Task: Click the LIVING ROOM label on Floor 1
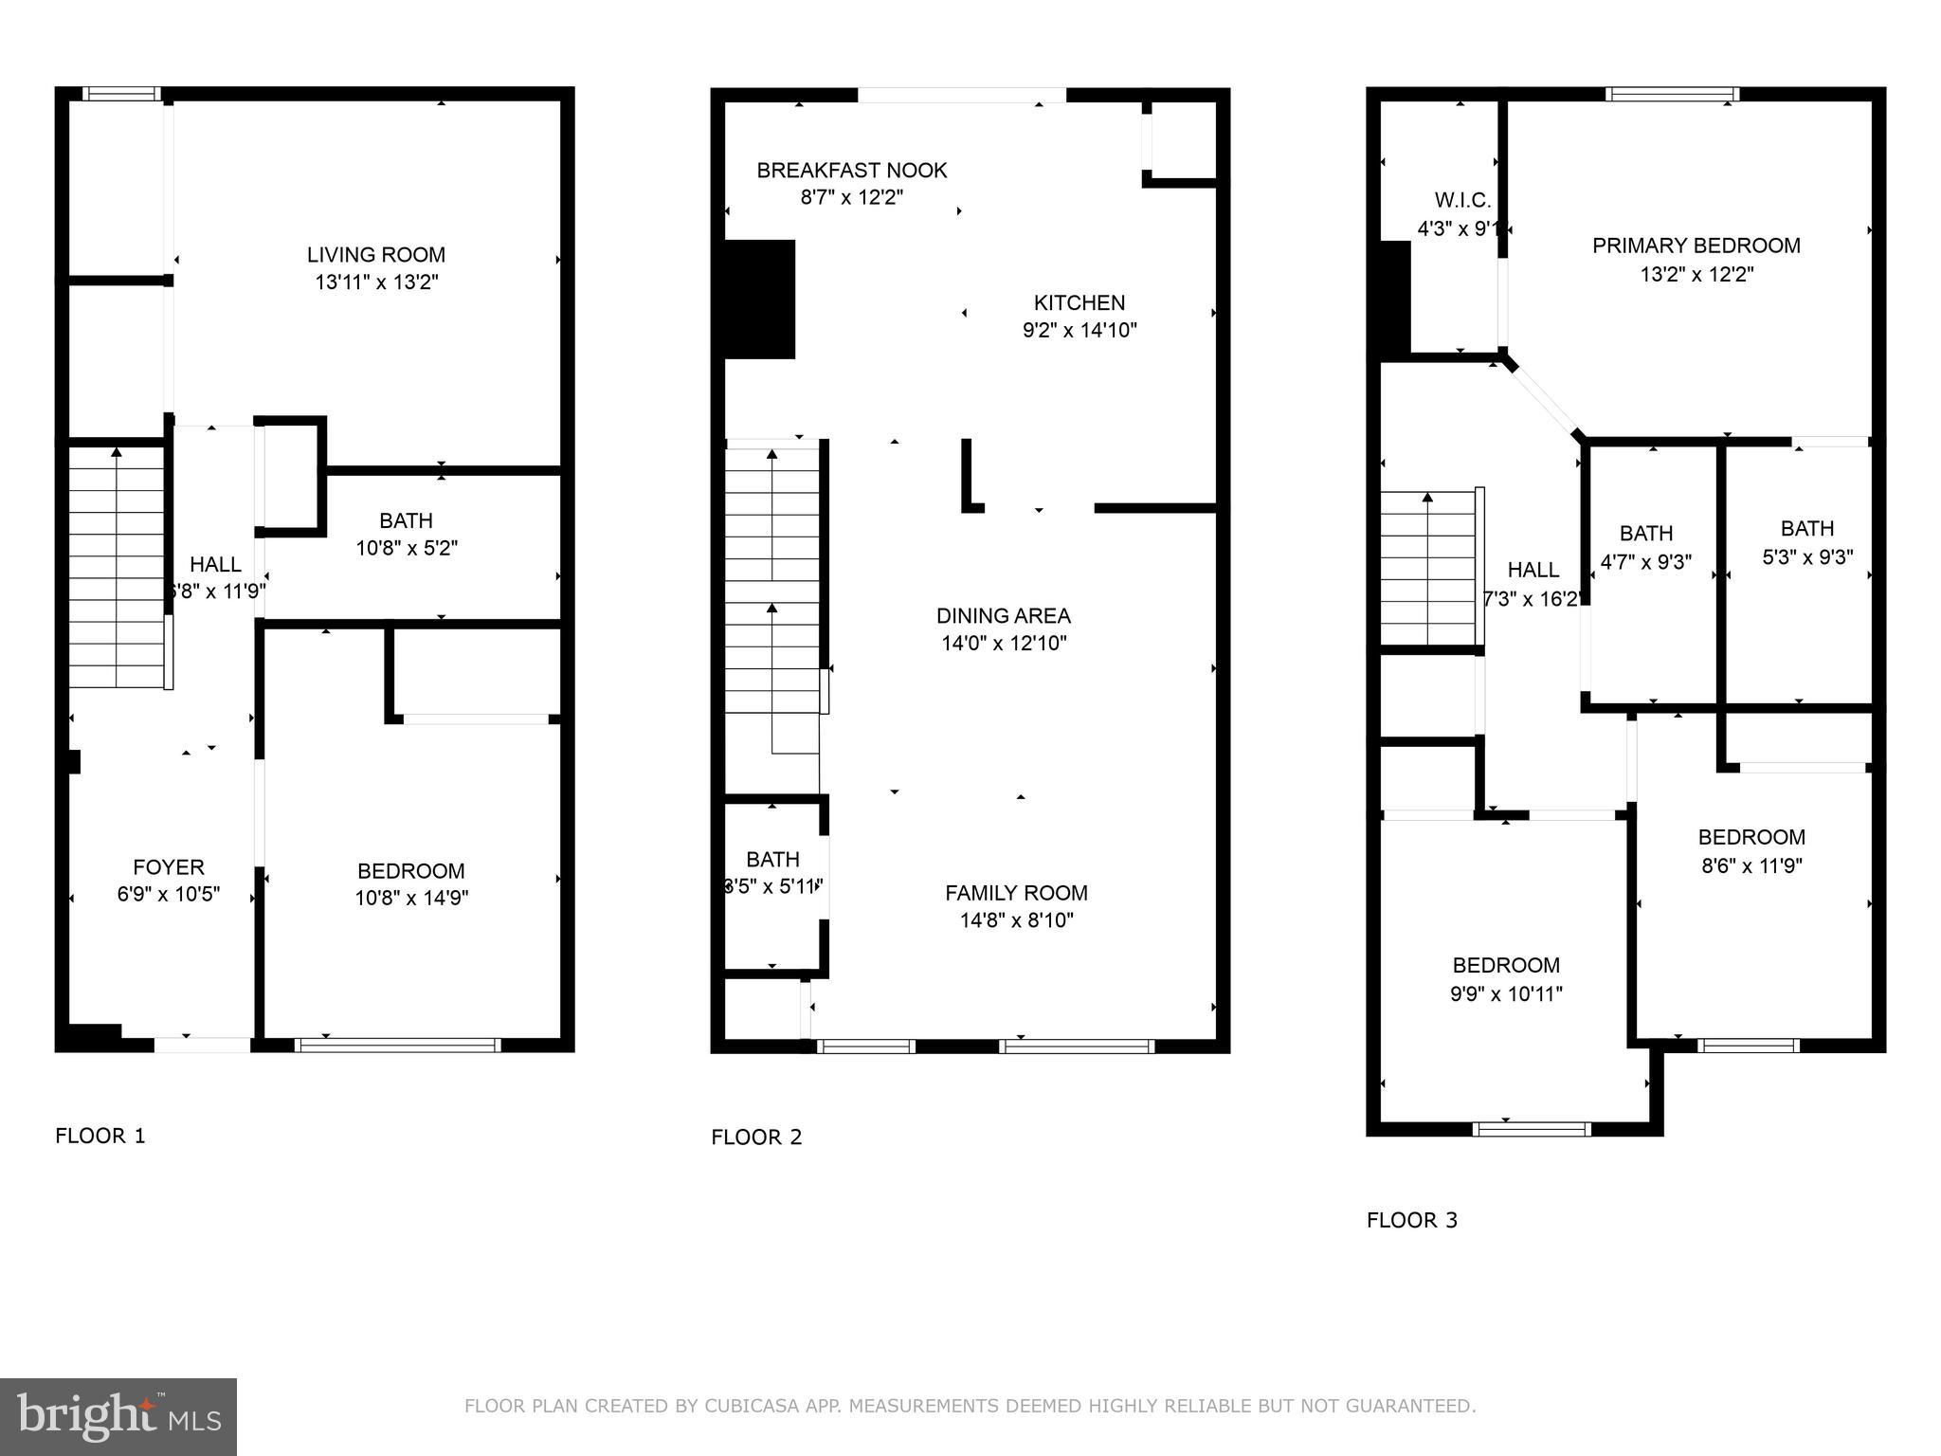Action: pyautogui.click(x=375, y=254)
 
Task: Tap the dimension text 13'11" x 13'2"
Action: pyautogui.click(x=376, y=282)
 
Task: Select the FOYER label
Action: pyautogui.click(x=168, y=866)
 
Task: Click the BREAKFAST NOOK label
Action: pyautogui.click(x=851, y=171)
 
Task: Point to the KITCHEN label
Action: pyautogui.click(x=1079, y=302)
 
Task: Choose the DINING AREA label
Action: pyautogui.click(x=1003, y=615)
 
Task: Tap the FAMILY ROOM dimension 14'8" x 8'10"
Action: pyautogui.click(x=1016, y=920)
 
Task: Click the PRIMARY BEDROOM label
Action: pyautogui.click(x=1696, y=246)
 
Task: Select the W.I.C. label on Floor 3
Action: pyautogui.click(x=1462, y=200)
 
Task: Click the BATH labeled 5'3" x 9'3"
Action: pyautogui.click(x=1806, y=529)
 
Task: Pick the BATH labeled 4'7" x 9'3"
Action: pyautogui.click(x=1645, y=534)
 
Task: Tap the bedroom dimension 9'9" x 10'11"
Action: pyautogui.click(x=1505, y=993)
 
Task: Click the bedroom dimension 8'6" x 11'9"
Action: pyautogui.click(x=1751, y=865)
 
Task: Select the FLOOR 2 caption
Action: pyautogui.click(x=756, y=1137)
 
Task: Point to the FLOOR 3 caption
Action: pyautogui.click(x=1411, y=1221)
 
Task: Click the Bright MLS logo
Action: pyautogui.click(x=118, y=1416)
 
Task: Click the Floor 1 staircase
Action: pyautogui.click(x=116, y=569)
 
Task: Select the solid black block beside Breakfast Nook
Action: pyautogui.click(x=759, y=300)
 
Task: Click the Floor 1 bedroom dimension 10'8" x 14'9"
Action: pyautogui.click(x=411, y=898)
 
